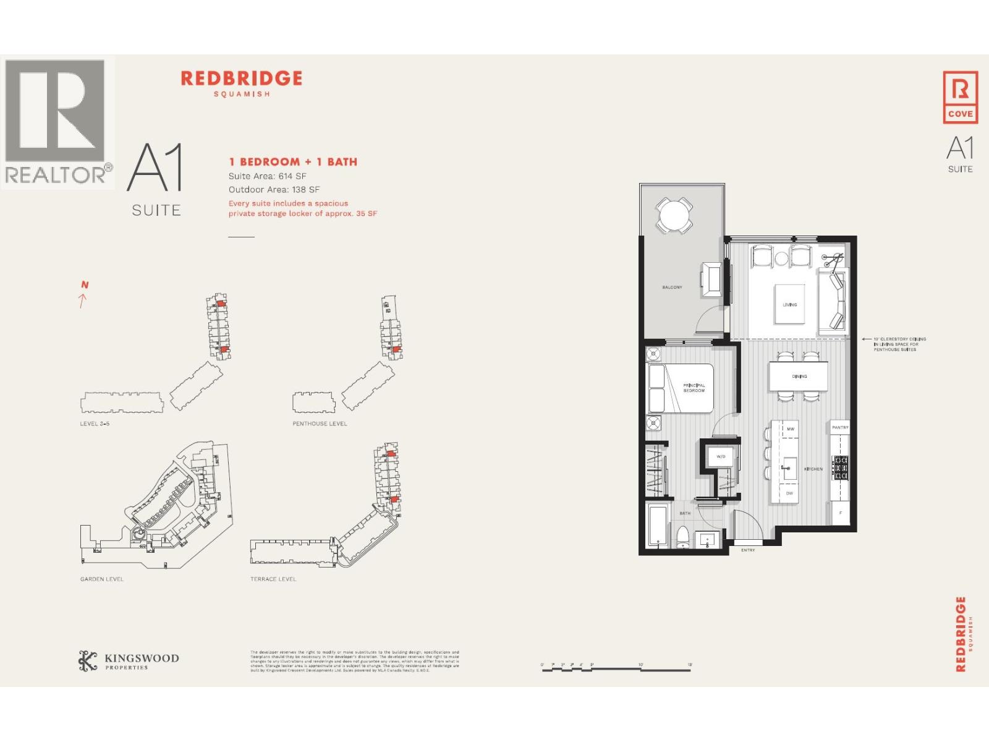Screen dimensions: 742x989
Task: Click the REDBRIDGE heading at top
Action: click(241, 79)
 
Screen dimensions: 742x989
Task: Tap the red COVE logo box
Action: click(960, 97)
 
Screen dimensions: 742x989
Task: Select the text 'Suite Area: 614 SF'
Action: click(267, 176)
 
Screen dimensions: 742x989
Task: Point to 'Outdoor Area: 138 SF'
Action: click(274, 190)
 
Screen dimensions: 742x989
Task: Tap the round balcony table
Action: click(674, 216)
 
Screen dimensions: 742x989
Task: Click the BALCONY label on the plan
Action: click(672, 288)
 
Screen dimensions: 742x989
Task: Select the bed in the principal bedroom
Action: click(680, 388)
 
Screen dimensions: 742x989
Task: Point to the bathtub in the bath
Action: click(658, 526)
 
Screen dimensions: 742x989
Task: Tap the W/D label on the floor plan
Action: click(721, 457)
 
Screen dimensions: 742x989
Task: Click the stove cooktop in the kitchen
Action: click(841, 468)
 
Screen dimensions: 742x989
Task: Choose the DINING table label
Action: click(799, 377)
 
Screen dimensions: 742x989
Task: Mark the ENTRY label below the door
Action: click(748, 550)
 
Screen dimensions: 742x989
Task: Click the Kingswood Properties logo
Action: click(129, 661)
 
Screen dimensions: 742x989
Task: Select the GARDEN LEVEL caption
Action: click(102, 579)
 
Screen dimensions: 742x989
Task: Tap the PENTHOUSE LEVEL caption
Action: click(320, 424)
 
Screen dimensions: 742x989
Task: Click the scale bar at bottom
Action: click(616, 668)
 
